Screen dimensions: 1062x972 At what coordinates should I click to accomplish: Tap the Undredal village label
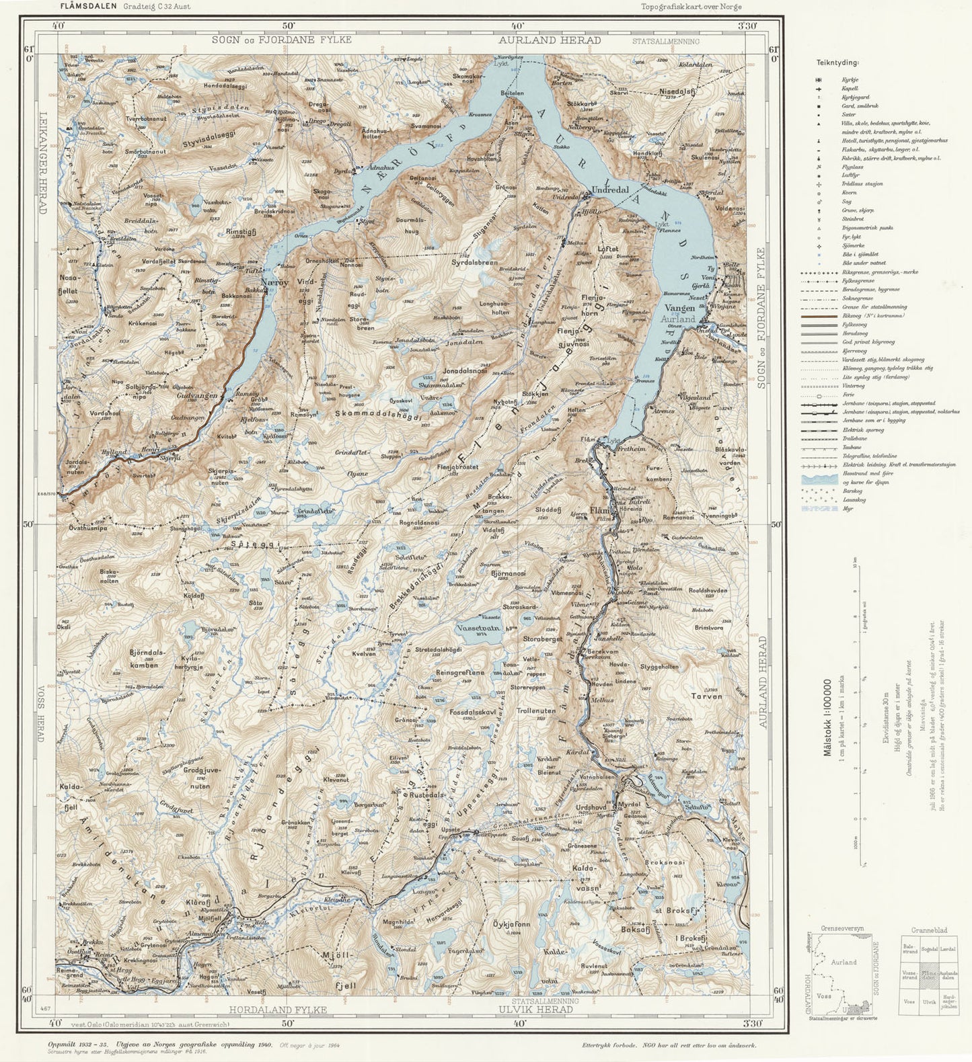tap(610, 190)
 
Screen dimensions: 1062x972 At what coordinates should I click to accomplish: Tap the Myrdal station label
tap(630, 804)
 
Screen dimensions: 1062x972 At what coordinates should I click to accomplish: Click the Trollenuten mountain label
tap(535, 710)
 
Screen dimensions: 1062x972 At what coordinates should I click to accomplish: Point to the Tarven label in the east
tap(706, 696)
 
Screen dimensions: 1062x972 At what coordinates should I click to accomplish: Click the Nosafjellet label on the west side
tap(69, 284)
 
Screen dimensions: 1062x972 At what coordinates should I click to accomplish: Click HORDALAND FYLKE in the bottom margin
tap(277, 1010)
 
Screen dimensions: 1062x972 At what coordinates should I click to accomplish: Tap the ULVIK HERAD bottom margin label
tap(535, 1010)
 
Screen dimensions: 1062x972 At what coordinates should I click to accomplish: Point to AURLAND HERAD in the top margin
tap(550, 40)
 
